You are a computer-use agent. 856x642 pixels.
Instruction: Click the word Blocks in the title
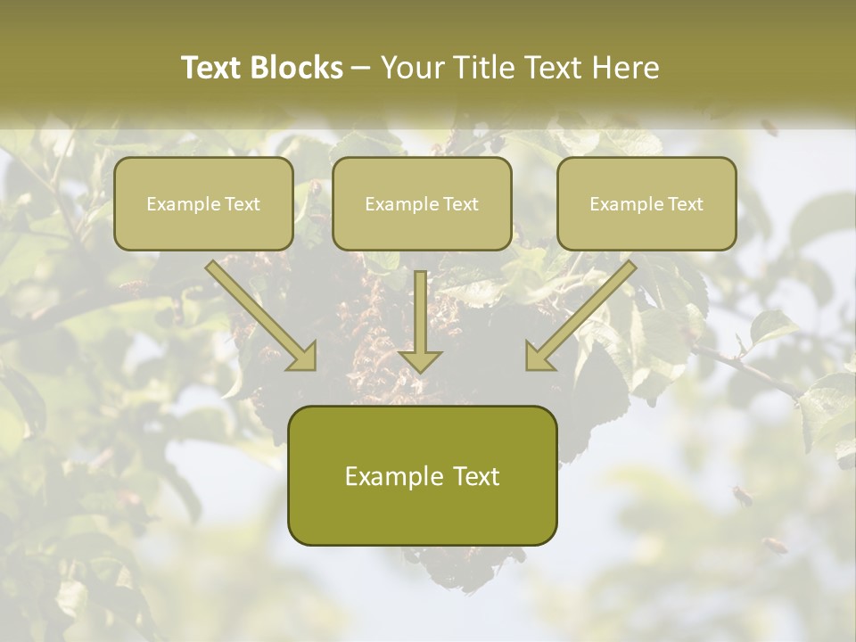pos(300,68)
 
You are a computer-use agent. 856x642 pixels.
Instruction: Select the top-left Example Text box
pos(203,204)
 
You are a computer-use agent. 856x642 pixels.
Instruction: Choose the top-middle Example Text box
pos(422,204)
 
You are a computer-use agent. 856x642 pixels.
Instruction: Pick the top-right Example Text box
pos(646,204)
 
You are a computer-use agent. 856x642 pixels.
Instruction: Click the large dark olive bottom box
pos(422,476)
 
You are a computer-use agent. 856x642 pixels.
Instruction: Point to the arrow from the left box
pos(259,313)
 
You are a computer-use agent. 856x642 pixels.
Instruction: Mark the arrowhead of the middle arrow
pos(420,360)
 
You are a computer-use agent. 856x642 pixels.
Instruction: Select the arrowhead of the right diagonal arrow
pos(539,358)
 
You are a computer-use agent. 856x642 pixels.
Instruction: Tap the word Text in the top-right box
pos(685,204)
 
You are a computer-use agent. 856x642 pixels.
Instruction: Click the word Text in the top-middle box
pos(460,204)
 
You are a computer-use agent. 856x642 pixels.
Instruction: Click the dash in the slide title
pos(361,68)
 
